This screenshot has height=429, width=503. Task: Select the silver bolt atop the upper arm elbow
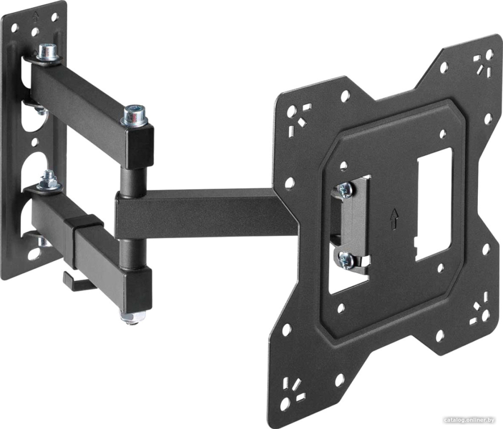[x=134, y=115]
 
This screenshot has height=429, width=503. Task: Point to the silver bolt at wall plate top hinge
[x=47, y=53]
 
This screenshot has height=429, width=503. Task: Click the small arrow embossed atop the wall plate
[x=36, y=16]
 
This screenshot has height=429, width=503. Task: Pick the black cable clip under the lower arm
[x=76, y=282]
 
